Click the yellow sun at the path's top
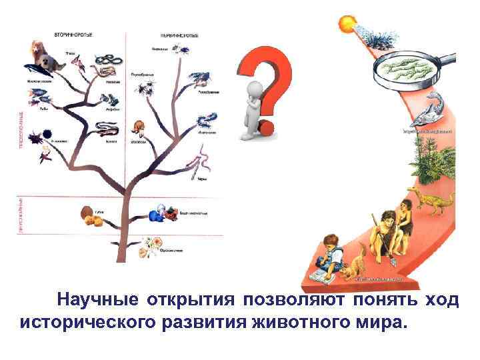click(348, 24)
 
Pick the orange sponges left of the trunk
click(89, 216)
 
